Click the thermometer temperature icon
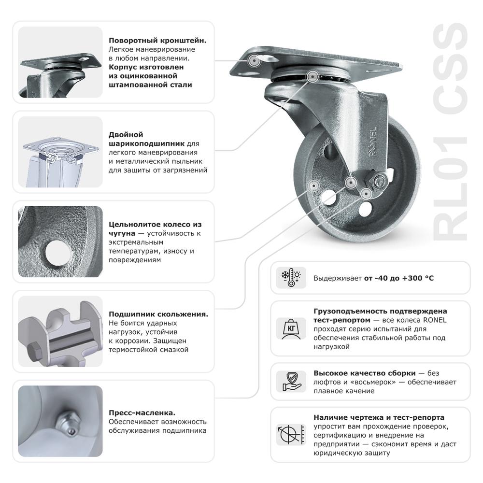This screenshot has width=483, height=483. (x=291, y=278)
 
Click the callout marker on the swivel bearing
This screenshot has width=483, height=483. (x=312, y=76)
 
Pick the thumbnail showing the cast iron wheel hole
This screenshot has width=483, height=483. (x=60, y=242)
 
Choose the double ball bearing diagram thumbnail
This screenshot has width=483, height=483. (x=60, y=152)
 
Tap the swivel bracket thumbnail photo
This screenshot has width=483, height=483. (x=60, y=62)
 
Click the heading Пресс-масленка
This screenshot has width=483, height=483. (x=142, y=412)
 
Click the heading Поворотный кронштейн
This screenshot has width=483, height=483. (x=157, y=41)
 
